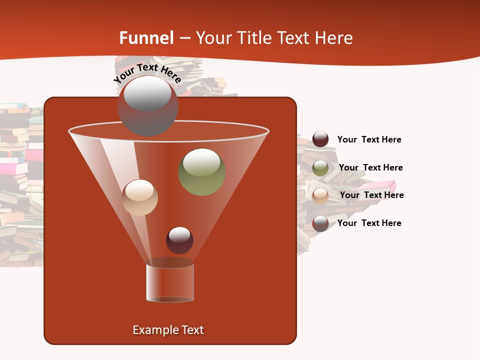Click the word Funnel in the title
[x=146, y=38]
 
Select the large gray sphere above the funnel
[x=147, y=105]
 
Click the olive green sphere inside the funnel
[x=201, y=172]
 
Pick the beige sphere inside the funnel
[x=140, y=197]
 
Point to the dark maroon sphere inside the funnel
[x=179, y=240]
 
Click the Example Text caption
[x=168, y=330]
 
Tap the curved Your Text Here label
[x=147, y=73]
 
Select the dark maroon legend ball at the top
[x=320, y=139]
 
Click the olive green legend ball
[x=320, y=168]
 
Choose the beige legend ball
[x=320, y=195]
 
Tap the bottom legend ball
[x=320, y=223]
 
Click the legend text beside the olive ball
[x=370, y=167]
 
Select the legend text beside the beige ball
[x=371, y=195]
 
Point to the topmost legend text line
[x=369, y=139]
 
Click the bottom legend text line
[x=369, y=223]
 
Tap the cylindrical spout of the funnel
[x=170, y=282]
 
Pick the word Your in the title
[x=211, y=38]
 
